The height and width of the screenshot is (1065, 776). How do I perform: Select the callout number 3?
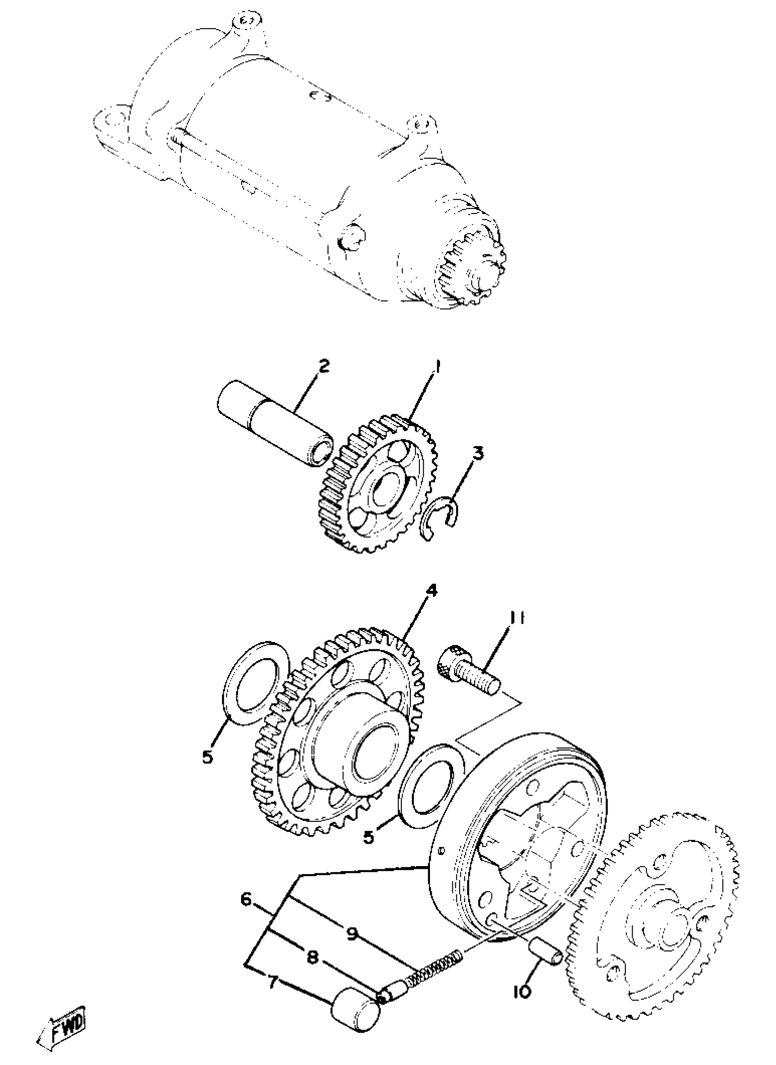point(478,454)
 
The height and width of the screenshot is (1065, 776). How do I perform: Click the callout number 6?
point(246,898)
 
